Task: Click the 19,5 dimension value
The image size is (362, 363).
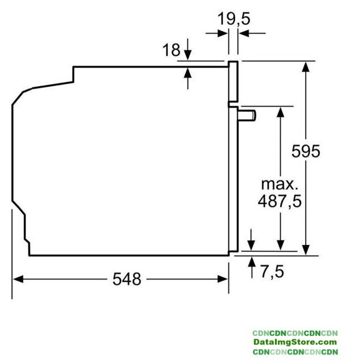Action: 234,19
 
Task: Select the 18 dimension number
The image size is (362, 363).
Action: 171,50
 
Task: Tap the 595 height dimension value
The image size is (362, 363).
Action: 306,151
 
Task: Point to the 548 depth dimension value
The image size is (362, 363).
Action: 127,279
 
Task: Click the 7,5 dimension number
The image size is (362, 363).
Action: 272,271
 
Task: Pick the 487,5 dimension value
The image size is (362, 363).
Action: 280,201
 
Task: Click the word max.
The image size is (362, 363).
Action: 280,184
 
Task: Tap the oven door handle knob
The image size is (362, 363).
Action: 247,115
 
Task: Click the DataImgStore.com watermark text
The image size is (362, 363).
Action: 295,342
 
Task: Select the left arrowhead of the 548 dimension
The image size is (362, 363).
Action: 18,279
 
